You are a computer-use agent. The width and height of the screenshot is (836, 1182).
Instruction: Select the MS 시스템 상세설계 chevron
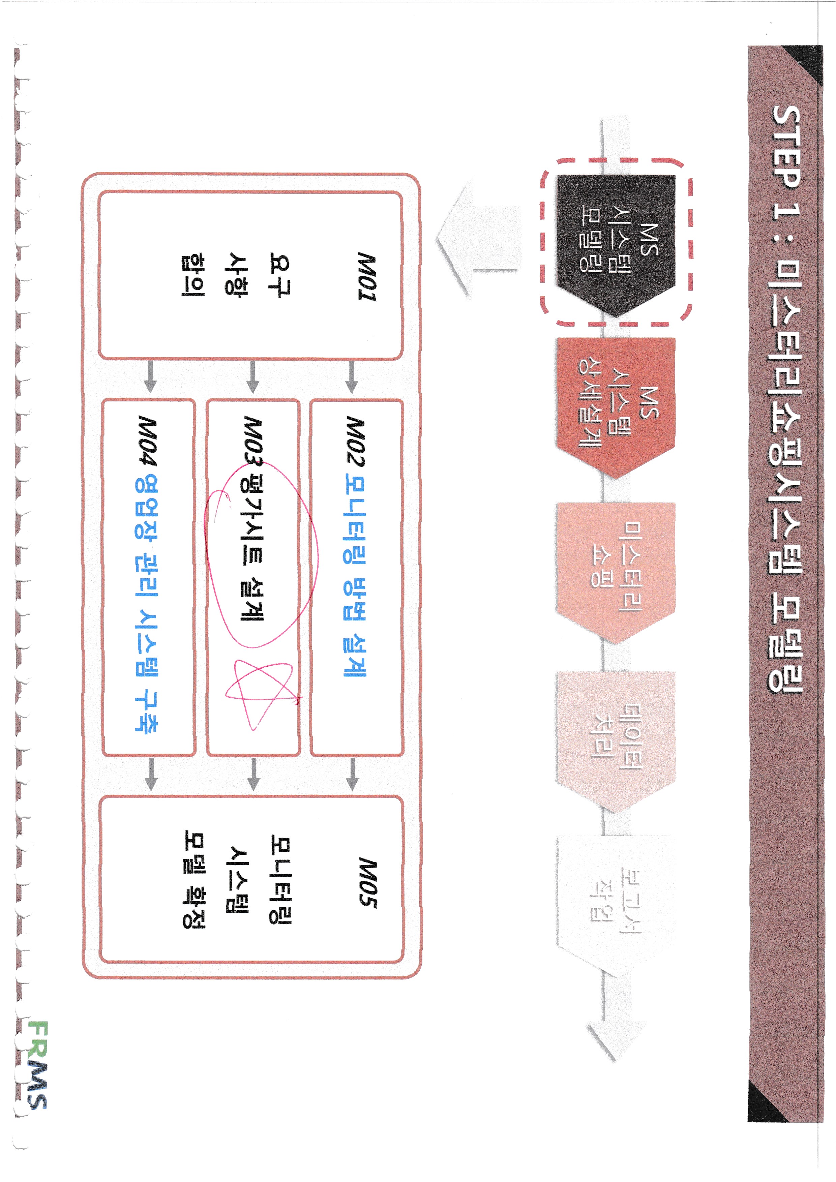coord(615,409)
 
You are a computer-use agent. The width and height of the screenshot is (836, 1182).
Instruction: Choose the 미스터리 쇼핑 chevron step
coord(615,571)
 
